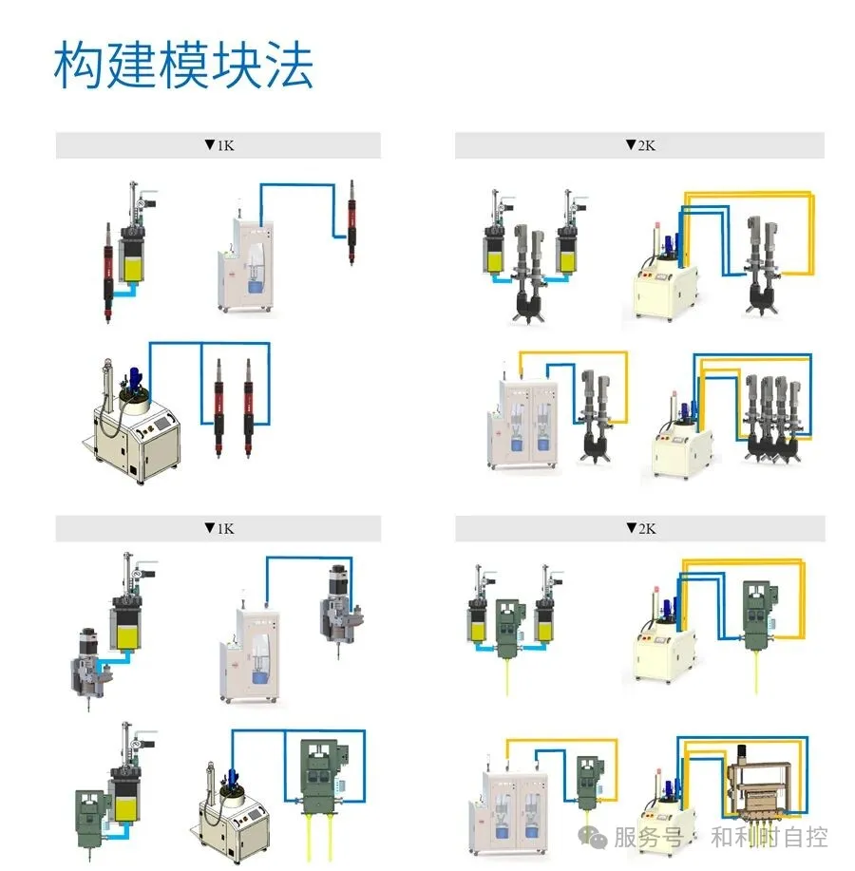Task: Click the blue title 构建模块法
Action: coord(183,65)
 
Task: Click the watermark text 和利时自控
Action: coord(769,837)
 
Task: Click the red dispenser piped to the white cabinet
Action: coord(351,214)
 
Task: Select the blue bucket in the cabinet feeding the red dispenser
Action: coord(254,281)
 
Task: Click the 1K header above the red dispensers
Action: coord(218,145)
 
